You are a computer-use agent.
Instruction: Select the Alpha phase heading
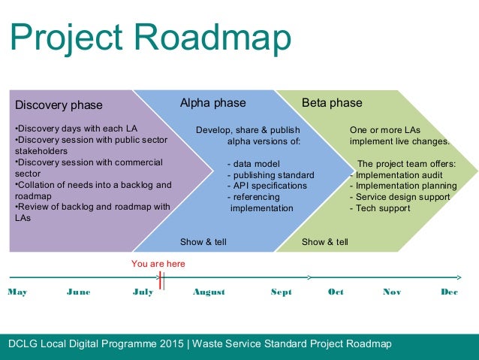click(212, 103)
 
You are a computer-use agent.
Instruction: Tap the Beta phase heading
click(332, 103)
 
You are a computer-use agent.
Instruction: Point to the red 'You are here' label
click(158, 264)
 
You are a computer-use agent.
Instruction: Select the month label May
click(17, 292)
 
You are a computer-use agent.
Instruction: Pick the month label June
click(78, 292)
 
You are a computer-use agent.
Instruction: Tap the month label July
click(142, 292)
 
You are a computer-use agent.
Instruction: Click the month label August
click(209, 292)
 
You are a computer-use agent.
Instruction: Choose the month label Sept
click(281, 292)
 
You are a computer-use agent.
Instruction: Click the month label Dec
click(449, 292)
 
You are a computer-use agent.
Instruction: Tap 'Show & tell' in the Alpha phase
click(203, 242)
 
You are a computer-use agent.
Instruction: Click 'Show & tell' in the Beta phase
click(324, 242)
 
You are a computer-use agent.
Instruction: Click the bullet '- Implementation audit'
click(399, 175)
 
